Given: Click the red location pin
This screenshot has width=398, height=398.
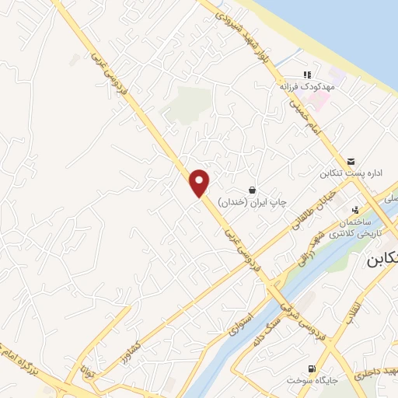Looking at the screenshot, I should tap(201, 183).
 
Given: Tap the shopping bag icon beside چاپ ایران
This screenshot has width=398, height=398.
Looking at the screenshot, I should tap(252, 190).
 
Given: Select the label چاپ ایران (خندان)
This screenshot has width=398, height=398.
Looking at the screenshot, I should tap(252, 202).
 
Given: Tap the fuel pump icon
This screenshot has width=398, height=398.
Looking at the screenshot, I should tap(312, 368).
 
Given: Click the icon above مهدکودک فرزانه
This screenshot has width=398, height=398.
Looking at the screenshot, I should tap(307, 75).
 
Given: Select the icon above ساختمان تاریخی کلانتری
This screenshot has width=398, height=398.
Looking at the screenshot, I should tap(356, 209).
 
